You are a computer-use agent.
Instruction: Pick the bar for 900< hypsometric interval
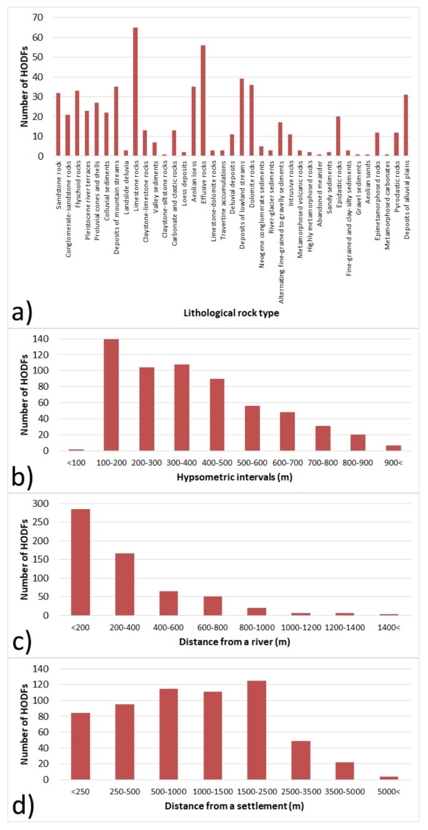tap(394, 448)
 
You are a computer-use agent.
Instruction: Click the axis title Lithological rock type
tap(227, 311)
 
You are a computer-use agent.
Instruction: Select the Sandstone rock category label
tap(59, 181)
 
